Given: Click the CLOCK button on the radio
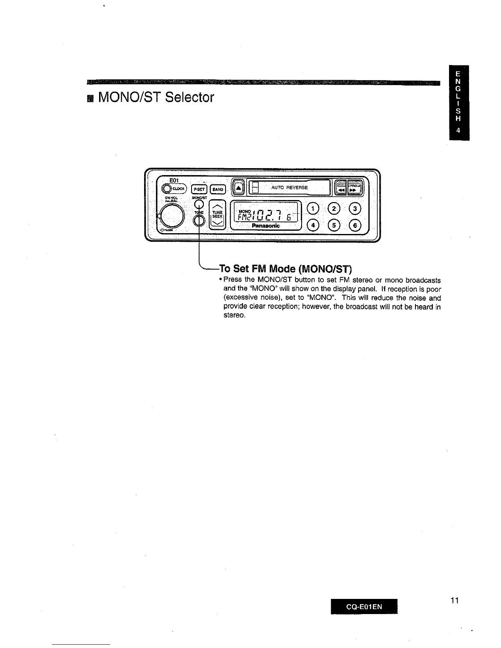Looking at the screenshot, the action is pyautogui.click(x=174, y=189).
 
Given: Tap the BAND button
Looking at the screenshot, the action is pyautogui.click(x=218, y=189).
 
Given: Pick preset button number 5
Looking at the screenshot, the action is pyautogui.click(x=335, y=225).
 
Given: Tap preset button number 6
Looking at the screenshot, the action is pyautogui.click(x=355, y=225).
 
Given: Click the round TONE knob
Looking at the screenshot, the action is pyautogui.click(x=199, y=221).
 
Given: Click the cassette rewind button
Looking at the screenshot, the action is pyautogui.click(x=341, y=189).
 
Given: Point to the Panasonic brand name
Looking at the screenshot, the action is pyautogui.click(x=266, y=226).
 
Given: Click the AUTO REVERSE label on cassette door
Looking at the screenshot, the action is pyautogui.click(x=289, y=187).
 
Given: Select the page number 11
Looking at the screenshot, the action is pyautogui.click(x=454, y=601).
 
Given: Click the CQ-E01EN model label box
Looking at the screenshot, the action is pyautogui.click(x=364, y=607).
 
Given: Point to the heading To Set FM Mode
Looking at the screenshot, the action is pyautogui.click(x=285, y=269).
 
